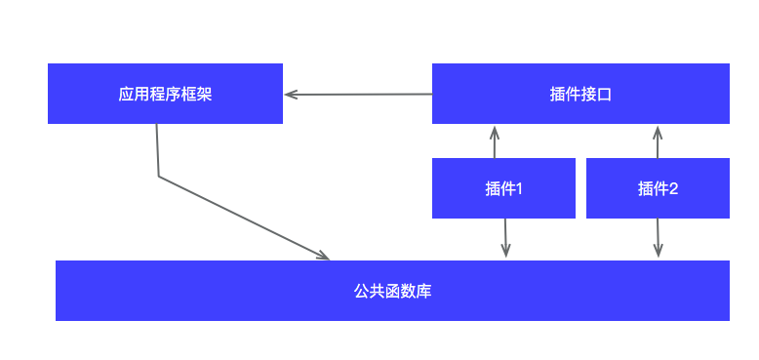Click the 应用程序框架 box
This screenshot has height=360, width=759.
tap(165, 94)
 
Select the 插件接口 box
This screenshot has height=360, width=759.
tap(580, 94)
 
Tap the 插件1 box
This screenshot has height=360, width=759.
tap(503, 188)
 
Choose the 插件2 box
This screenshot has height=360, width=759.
tap(658, 188)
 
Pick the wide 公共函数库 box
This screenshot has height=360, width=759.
tap(392, 291)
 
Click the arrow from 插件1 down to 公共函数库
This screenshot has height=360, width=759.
tap(505, 238)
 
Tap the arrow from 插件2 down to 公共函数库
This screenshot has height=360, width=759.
tap(659, 238)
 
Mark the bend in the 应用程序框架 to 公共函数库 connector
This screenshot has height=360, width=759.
tap(158, 177)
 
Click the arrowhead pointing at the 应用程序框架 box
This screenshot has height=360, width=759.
tap(290, 95)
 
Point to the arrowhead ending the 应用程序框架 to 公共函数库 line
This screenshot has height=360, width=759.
tap(324, 256)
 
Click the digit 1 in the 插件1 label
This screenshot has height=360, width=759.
tap(519, 189)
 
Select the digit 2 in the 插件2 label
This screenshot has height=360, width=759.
tap(673, 189)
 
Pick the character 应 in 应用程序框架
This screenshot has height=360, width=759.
tap(125, 95)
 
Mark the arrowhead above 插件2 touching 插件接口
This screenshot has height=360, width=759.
tap(658, 130)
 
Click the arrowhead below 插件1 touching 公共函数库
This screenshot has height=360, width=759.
tap(506, 253)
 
